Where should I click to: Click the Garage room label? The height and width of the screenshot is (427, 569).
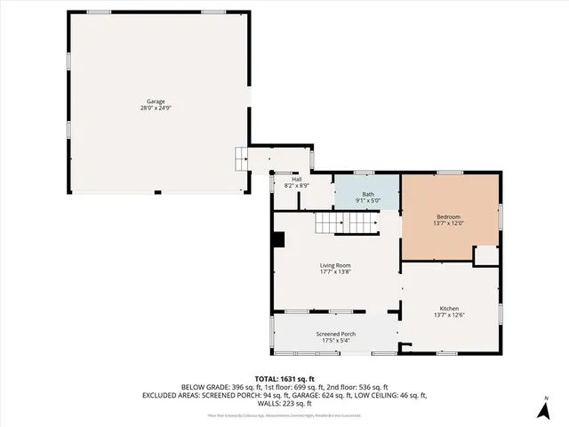156,101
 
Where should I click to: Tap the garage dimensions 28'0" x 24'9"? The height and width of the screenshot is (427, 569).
156,108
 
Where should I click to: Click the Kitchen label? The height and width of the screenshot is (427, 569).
449,308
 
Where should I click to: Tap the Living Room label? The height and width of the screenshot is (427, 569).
336,265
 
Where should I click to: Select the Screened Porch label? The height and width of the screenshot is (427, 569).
335,334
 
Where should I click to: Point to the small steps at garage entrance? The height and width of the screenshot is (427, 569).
240,159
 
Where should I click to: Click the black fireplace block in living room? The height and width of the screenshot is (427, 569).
278,238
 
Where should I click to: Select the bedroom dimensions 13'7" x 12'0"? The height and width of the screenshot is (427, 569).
448,223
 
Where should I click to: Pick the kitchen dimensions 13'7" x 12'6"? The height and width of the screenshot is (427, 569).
449,314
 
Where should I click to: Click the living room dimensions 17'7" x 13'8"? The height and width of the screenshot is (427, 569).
336,271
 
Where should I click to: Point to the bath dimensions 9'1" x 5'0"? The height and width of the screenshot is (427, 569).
368,201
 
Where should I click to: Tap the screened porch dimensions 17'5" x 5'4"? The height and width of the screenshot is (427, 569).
335,340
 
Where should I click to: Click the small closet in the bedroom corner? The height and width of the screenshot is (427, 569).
485,255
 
